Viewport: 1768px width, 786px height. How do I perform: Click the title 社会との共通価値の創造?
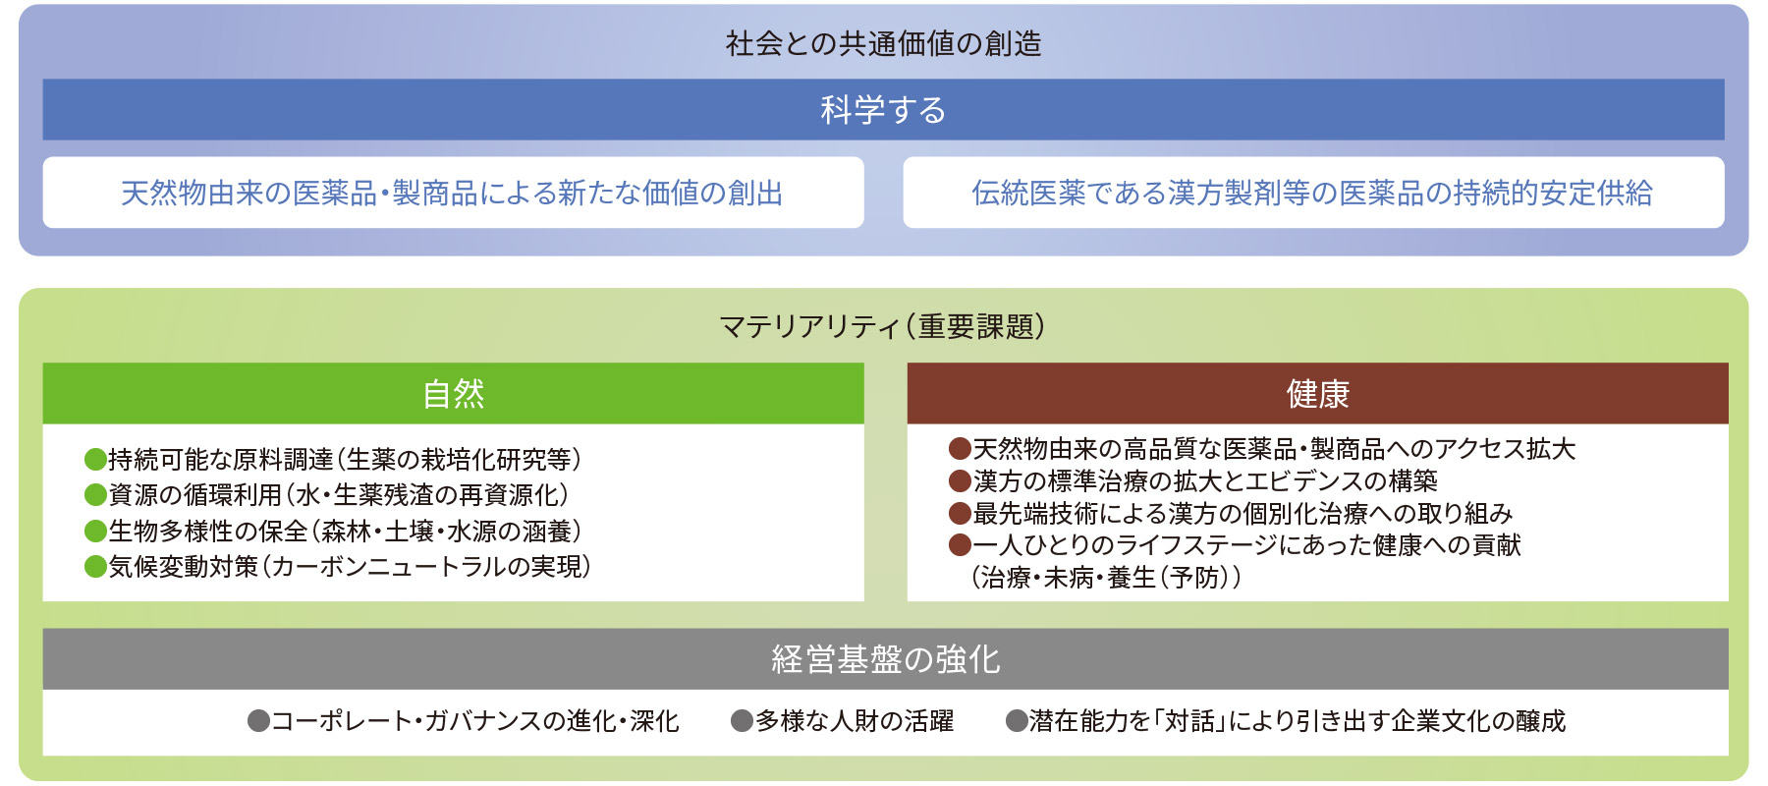pyautogui.click(x=883, y=43)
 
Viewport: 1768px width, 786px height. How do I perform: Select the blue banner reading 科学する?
pyautogui.click(x=883, y=109)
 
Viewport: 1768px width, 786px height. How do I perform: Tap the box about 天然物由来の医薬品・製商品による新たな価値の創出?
pyautogui.click(x=453, y=193)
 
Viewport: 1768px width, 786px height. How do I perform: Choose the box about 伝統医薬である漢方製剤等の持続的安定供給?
pyautogui.click(x=1313, y=193)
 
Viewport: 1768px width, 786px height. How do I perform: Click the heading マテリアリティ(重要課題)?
pyautogui.click(x=882, y=325)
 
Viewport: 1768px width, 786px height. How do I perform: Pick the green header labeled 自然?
pyautogui.click(x=453, y=393)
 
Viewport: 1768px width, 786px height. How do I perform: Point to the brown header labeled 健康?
pyautogui.click(x=1317, y=393)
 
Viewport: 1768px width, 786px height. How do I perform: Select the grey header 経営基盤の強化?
pyautogui.click(x=885, y=658)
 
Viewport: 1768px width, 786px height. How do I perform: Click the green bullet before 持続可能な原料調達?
pyautogui.click(x=95, y=459)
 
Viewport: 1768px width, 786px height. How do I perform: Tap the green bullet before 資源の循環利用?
pyautogui.click(x=95, y=494)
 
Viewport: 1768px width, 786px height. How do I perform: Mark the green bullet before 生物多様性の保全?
pyautogui.click(x=95, y=531)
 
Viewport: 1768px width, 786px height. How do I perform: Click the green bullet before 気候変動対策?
pyautogui.click(x=95, y=566)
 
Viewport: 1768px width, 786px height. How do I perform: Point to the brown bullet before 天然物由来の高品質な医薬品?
pyautogui.click(x=960, y=449)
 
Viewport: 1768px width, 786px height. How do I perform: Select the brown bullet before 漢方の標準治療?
pyautogui.click(x=960, y=480)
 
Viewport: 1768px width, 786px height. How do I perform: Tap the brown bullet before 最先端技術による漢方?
pyautogui.click(x=960, y=513)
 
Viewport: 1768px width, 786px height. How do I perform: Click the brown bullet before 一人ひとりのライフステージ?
pyautogui.click(x=960, y=544)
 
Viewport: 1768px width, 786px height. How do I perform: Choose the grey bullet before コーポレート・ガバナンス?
pyautogui.click(x=258, y=721)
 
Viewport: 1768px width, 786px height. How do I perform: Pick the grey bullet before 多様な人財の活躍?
pyautogui.click(x=742, y=721)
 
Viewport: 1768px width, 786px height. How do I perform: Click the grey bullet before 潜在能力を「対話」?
pyautogui.click(x=1017, y=721)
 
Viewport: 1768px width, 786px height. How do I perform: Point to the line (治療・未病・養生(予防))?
pyautogui.click(x=1106, y=577)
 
